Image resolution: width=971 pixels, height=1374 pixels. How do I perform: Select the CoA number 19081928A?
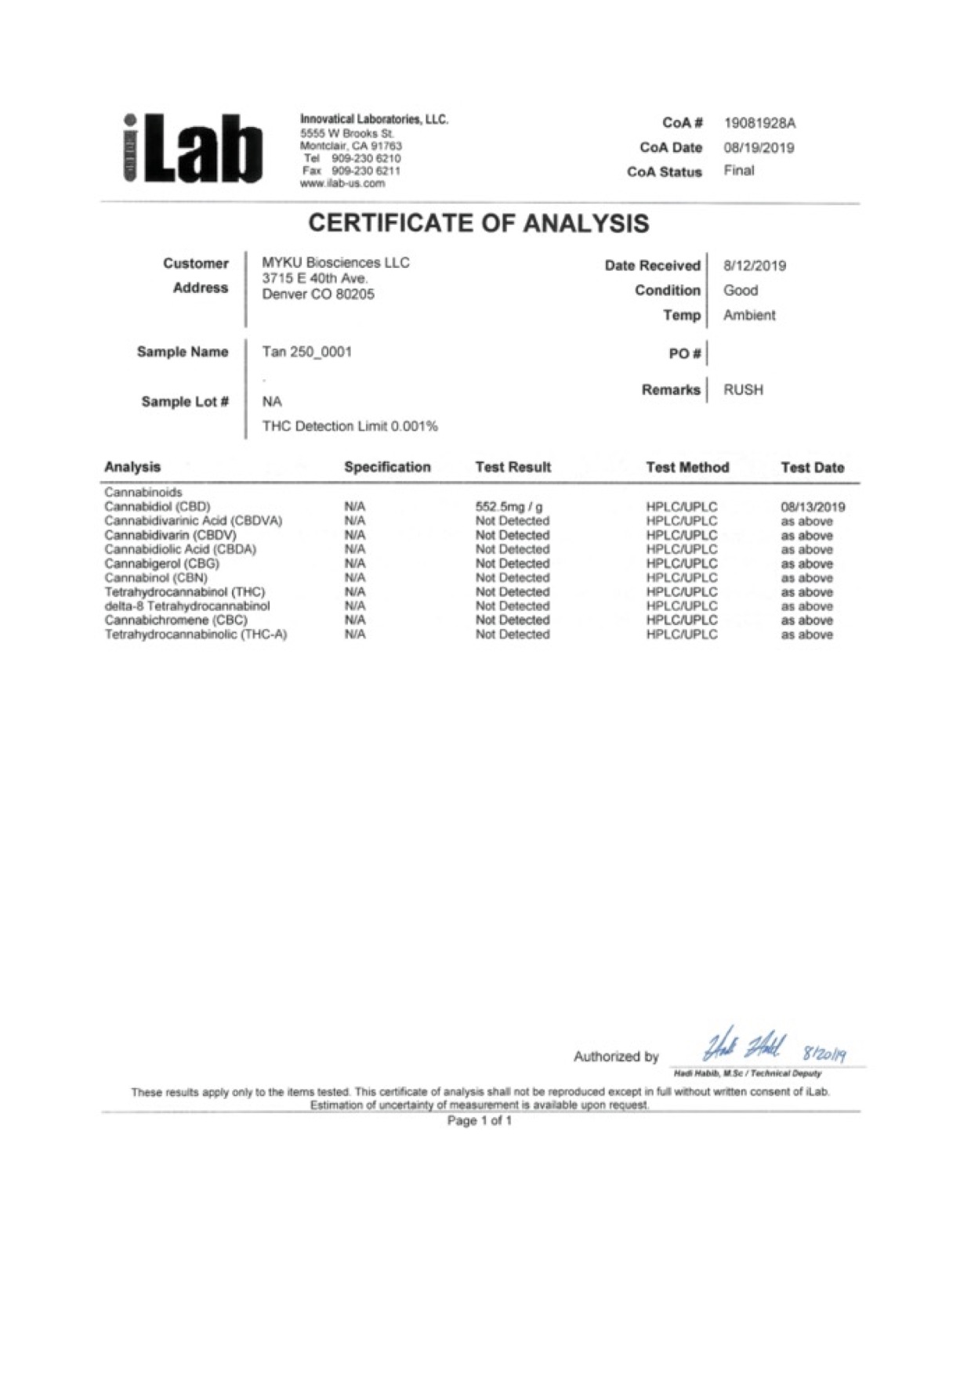tap(759, 123)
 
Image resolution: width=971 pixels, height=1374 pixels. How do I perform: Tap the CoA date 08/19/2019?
tap(759, 147)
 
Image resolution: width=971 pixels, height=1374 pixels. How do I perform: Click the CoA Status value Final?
tap(738, 171)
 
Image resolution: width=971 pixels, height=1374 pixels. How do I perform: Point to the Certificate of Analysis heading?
tap(478, 223)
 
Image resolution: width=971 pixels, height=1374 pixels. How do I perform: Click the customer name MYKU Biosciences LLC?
tap(335, 262)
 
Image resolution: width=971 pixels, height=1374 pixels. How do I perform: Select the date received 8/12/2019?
tap(754, 266)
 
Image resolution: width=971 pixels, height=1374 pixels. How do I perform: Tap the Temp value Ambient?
tap(749, 315)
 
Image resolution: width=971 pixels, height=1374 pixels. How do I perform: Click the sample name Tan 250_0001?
tap(306, 352)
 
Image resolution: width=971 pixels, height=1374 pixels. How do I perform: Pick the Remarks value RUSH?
tap(743, 389)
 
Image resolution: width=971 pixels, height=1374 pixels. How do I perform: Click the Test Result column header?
tap(513, 467)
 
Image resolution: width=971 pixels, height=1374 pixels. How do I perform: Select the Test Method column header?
tap(687, 467)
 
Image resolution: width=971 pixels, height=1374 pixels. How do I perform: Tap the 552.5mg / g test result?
tap(509, 507)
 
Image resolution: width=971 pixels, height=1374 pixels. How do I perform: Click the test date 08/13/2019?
tap(813, 507)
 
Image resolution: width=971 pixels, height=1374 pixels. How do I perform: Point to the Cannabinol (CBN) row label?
tap(156, 577)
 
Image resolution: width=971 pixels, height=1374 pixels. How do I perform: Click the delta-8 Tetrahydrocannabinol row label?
tap(187, 606)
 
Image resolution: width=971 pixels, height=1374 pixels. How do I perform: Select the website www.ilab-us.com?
tap(342, 183)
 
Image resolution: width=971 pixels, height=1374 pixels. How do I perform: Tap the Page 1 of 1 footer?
tap(479, 1121)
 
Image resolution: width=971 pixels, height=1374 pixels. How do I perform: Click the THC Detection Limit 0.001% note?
tap(350, 426)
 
